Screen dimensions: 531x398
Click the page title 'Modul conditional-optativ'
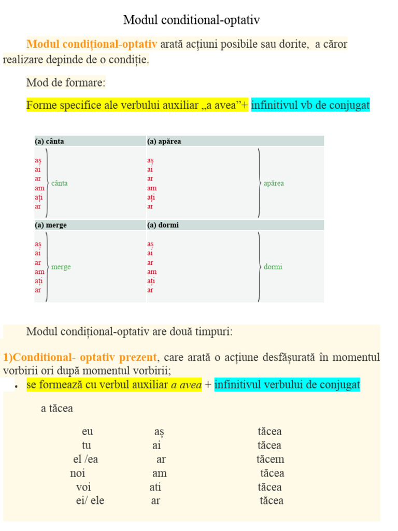click(191, 20)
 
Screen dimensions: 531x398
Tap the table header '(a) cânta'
click(49, 141)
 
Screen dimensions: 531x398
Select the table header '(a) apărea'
click(164, 141)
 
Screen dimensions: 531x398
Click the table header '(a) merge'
click(50, 225)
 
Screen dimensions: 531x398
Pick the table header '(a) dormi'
click(163, 225)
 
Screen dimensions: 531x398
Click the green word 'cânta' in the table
click(60, 183)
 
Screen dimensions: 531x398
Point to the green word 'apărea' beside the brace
click(274, 183)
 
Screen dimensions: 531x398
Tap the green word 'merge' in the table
click(61, 267)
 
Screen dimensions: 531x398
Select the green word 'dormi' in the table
click(273, 267)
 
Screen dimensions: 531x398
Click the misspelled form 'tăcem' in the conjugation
click(270, 459)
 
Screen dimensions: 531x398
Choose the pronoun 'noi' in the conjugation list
click(78, 473)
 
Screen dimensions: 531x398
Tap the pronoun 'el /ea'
click(86, 459)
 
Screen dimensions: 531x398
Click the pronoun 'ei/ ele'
click(90, 501)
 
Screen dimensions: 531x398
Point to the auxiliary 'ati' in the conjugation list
click(155, 487)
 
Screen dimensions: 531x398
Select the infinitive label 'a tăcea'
click(57, 409)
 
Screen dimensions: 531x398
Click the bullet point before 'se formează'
click(17, 386)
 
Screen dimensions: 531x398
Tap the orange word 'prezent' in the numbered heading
click(137, 357)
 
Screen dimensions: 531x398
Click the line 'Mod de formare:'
click(66, 82)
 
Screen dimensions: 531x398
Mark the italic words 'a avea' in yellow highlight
click(186, 385)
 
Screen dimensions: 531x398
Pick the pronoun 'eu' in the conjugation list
click(88, 431)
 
